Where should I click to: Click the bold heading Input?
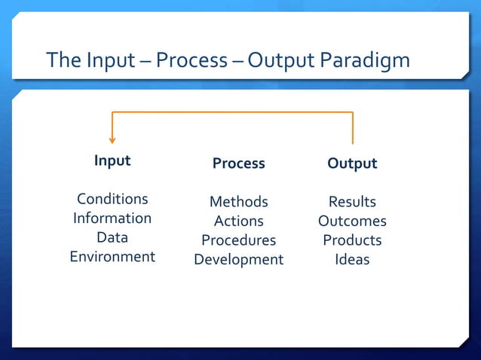point(112,161)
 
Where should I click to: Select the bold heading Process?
point(238,163)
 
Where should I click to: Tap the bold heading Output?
point(352,163)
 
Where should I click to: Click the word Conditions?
point(112,200)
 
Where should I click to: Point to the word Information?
point(112,218)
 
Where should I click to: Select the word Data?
point(112,238)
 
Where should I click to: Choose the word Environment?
point(112,257)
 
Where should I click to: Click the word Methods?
point(238,202)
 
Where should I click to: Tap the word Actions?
point(238,221)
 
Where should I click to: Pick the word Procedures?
point(238,241)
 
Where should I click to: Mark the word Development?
point(238,260)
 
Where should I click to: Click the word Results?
point(352,202)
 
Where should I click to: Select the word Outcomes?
point(352,221)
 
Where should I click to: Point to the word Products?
point(352,241)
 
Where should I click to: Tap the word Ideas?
point(352,260)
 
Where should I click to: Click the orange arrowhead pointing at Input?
point(112,139)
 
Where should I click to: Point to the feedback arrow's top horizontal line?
point(232,112)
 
